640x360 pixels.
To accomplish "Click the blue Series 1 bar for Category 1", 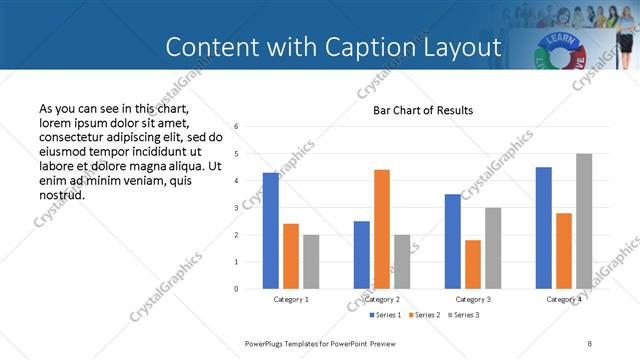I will point(271,231).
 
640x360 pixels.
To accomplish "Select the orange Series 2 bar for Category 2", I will point(382,229).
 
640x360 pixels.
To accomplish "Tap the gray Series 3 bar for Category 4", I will point(584,221).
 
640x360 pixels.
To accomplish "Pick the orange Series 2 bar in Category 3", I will point(473,264).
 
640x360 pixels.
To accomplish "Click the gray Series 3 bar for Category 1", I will point(311,262).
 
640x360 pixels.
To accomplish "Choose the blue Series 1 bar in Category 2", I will point(362,255).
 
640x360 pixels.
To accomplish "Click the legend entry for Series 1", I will point(383,315).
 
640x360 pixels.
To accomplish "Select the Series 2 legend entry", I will point(424,315).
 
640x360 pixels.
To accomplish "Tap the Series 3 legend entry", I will point(465,315).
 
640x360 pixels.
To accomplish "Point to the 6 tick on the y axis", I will point(236,127).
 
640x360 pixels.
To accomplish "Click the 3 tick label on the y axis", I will point(236,208).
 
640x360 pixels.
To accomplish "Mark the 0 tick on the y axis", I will point(236,289).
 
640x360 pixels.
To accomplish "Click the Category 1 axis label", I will point(291,299).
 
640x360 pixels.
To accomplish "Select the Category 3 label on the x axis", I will point(473,299).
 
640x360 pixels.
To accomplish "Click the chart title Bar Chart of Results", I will point(423,110).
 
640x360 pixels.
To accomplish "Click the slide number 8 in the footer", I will point(590,343).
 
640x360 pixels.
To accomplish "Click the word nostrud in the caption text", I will point(61,195).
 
